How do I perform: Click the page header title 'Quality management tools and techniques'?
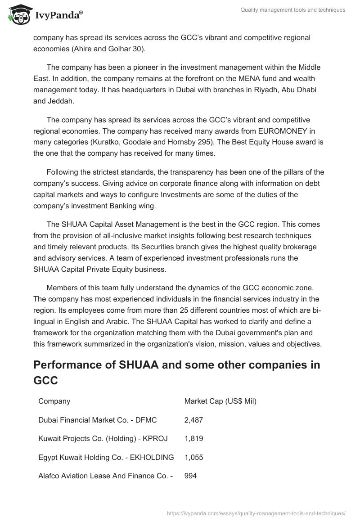pos(293,10)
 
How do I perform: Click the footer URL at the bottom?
pos(256,513)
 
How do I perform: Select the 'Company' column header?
pos(54,401)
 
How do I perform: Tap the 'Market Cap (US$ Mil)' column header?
pos(220,401)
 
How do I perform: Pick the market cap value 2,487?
pos(193,420)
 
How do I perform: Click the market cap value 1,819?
pos(193,439)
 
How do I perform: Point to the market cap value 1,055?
pos(193,457)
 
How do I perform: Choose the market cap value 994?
pos(190,476)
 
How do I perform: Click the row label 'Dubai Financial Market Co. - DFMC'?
pos(98,420)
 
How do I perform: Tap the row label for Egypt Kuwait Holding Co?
pos(106,457)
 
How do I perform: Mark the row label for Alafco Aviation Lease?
pos(106,476)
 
